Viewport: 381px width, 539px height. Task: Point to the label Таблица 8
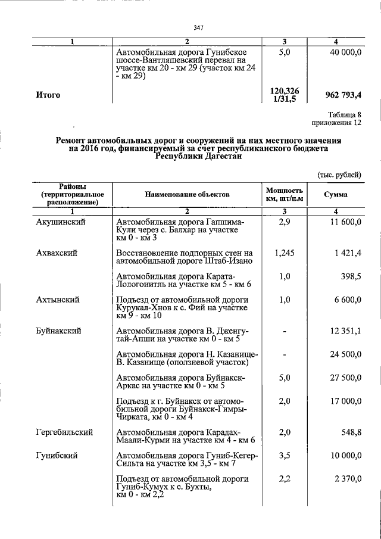345,115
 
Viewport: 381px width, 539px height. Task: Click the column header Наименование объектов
186,195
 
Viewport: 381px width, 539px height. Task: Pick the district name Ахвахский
57,253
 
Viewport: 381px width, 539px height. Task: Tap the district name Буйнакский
58,331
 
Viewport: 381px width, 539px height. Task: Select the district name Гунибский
56,456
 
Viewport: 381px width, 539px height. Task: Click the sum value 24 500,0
345,354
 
